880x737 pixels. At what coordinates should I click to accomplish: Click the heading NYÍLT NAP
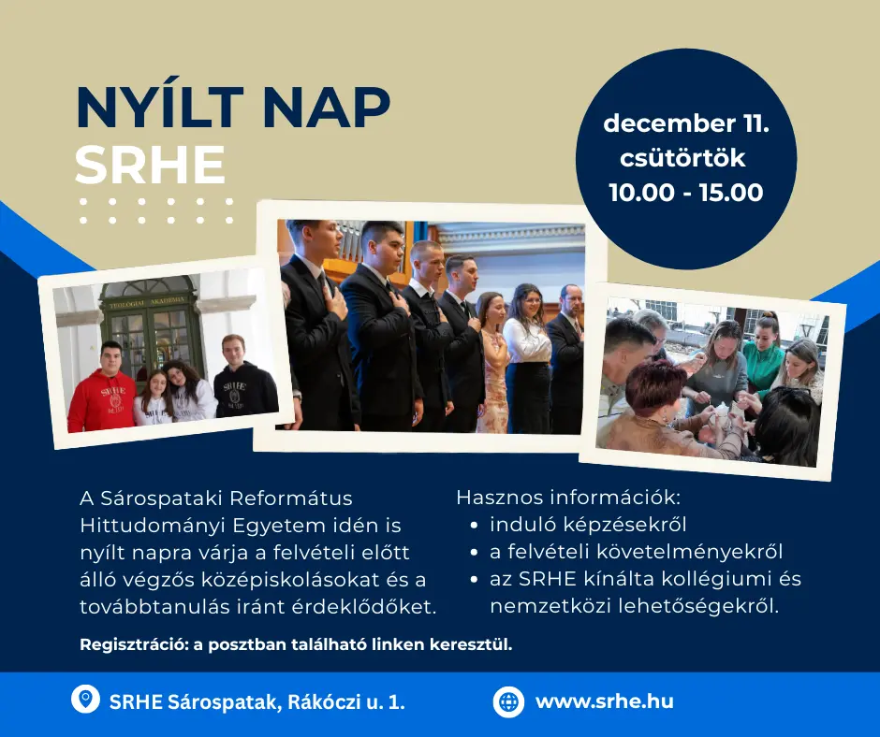click(233, 108)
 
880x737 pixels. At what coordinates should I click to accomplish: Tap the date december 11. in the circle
click(686, 123)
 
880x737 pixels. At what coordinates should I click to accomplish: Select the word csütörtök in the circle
click(682, 158)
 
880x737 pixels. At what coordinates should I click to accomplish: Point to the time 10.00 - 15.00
click(686, 193)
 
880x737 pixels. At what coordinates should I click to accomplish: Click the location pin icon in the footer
click(85, 700)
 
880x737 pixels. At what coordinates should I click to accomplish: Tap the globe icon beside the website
click(508, 701)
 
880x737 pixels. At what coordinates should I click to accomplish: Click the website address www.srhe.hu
click(605, 701)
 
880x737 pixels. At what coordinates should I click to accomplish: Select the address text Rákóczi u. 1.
click(346, 701)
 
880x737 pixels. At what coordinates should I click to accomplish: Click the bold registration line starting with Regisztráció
click(297, 644)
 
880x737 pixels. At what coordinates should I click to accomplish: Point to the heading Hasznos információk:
click(568, 498)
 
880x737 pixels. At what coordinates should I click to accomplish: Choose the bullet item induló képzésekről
click(588, 525)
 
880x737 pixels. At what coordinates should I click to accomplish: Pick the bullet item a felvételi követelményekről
click(636, 552)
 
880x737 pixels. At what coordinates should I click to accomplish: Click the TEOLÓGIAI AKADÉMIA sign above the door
click(148, 302)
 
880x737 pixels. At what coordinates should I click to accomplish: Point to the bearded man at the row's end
click(565, 359)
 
